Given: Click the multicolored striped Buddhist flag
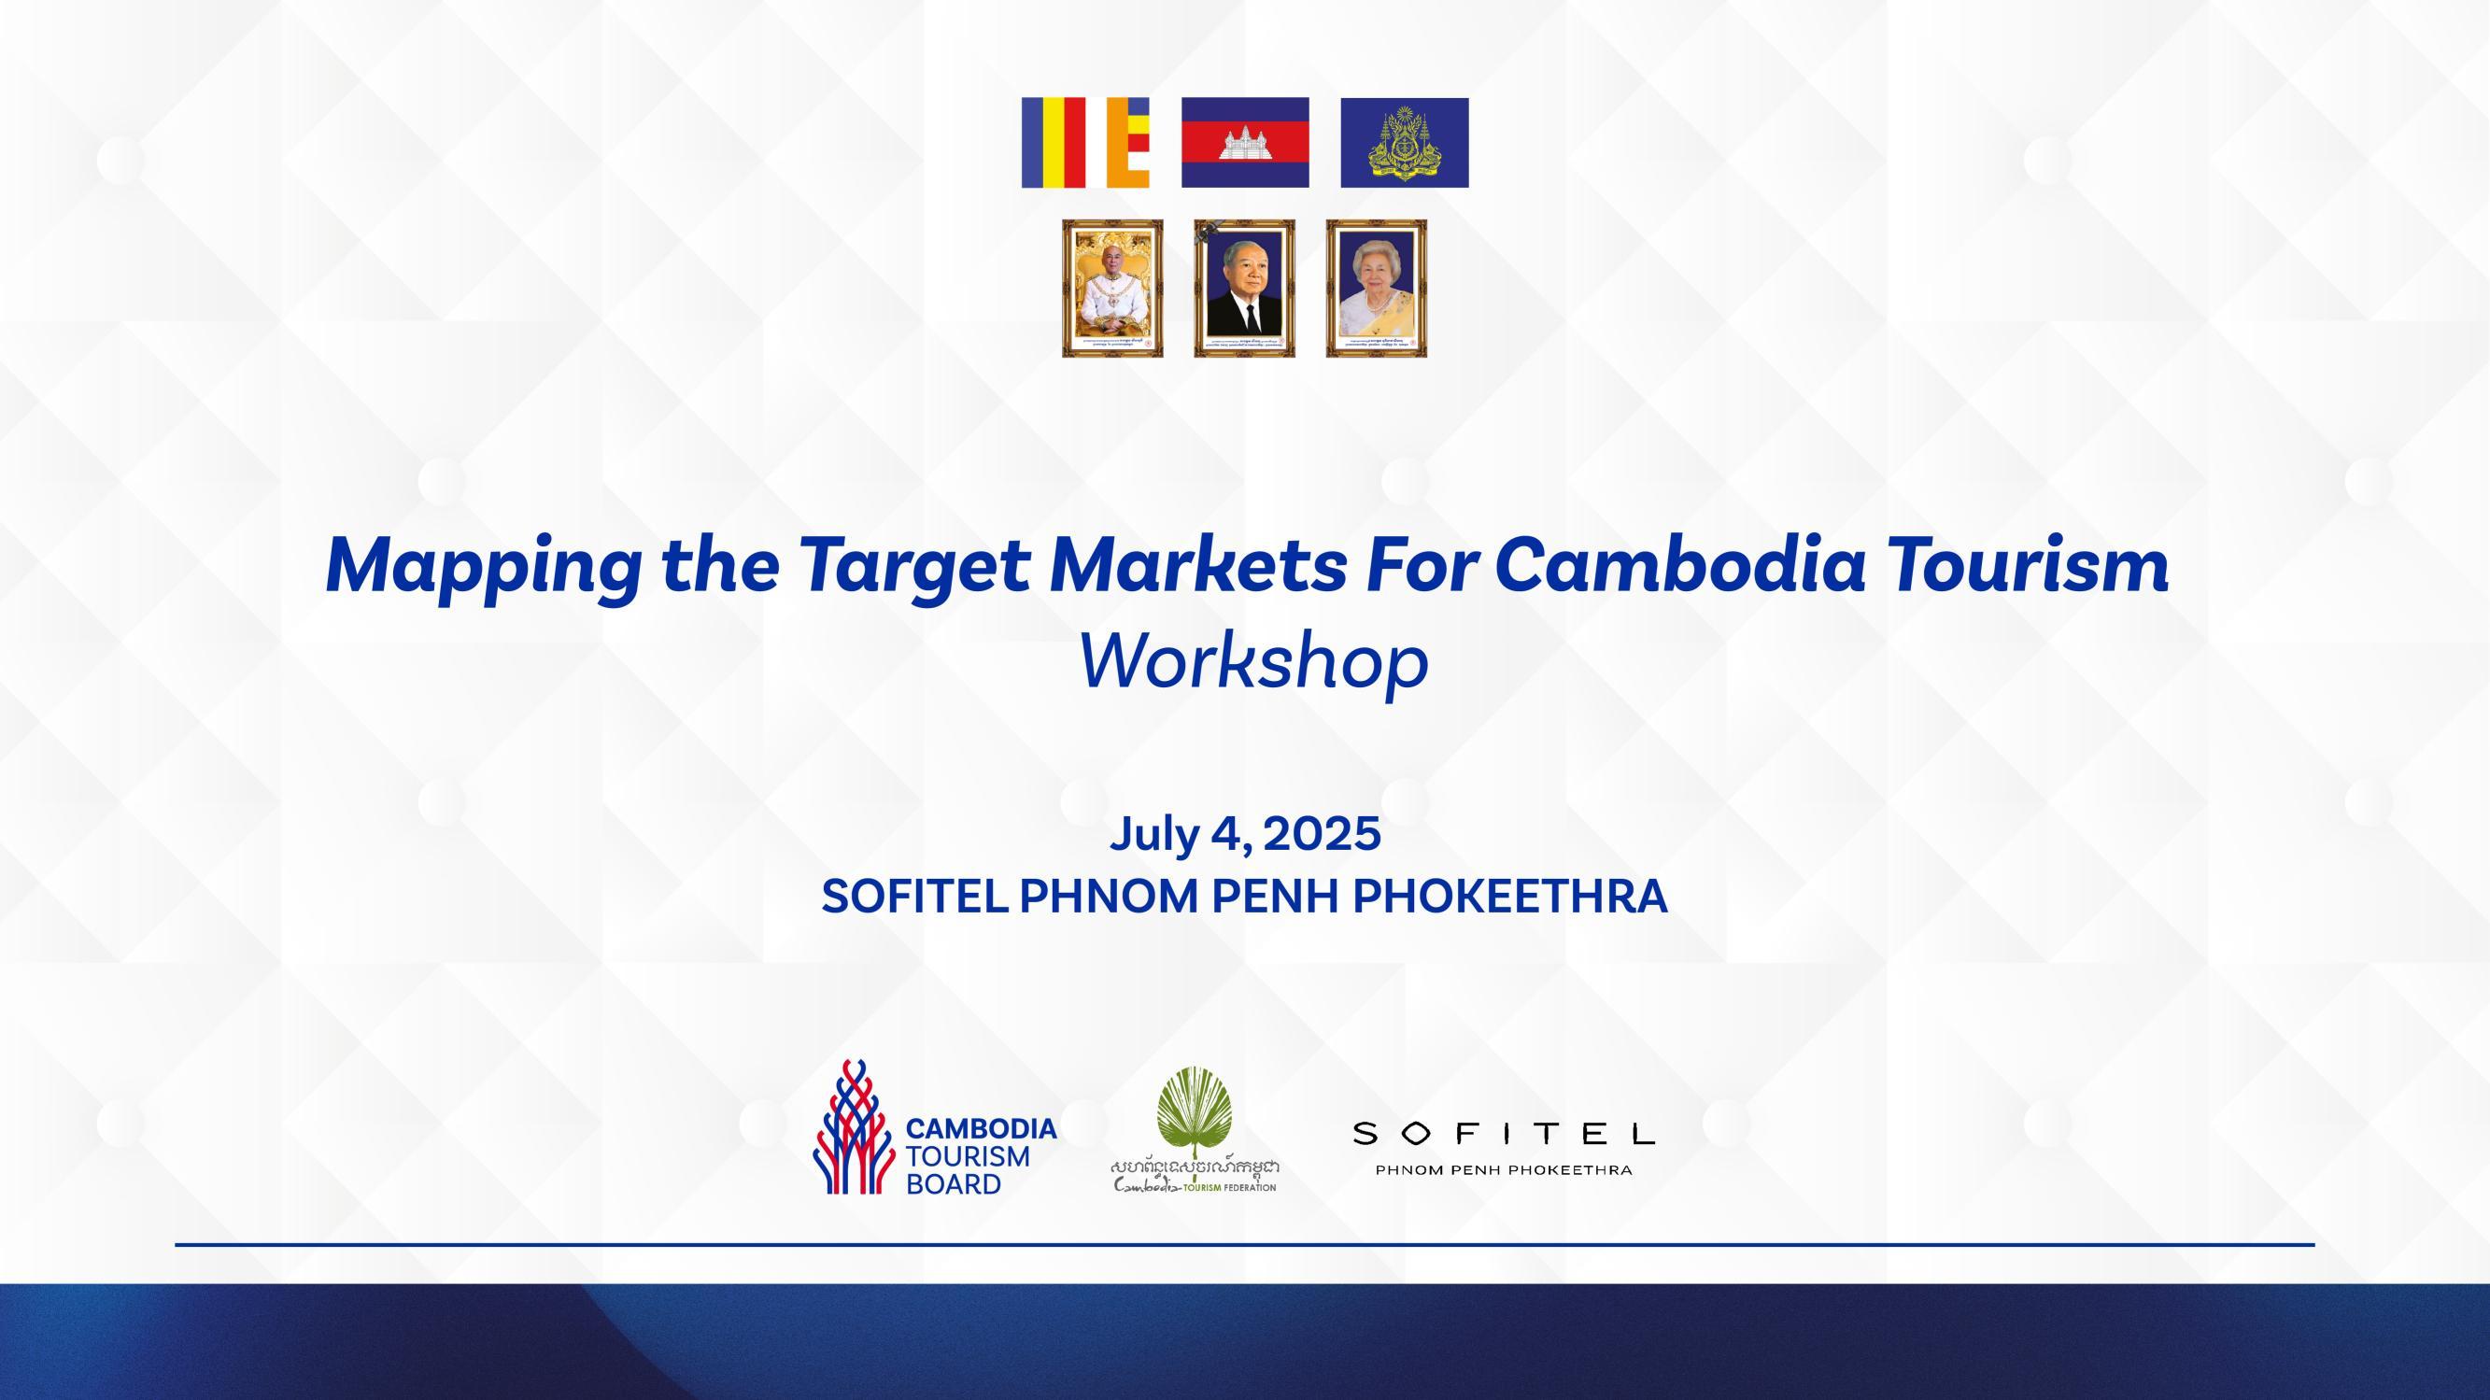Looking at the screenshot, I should (x=1085, y=142).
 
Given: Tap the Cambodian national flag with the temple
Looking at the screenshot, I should (x=1245, y=142).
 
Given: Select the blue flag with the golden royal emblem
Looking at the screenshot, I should (x=1404, y=142).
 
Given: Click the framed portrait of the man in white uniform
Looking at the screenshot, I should (x=1112, y=288).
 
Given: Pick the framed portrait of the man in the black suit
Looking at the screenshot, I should (x=1245, y=288).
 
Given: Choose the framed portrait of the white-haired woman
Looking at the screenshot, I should (x=1377, y=288).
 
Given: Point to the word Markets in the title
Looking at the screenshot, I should (x=1196, y=565).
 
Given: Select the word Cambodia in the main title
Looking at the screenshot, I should (x=1677, y=565).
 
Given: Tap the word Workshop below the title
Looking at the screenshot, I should (x=1252, y=663).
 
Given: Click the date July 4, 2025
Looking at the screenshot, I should (x=1245, y=833).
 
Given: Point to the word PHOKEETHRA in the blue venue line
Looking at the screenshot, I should (x=1510, y=897).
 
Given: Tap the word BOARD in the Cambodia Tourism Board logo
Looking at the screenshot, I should (x=953, y=1185).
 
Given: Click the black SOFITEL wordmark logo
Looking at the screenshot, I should (x=1503, y=1133).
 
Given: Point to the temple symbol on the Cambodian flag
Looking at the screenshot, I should (x=1245, y=144).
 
